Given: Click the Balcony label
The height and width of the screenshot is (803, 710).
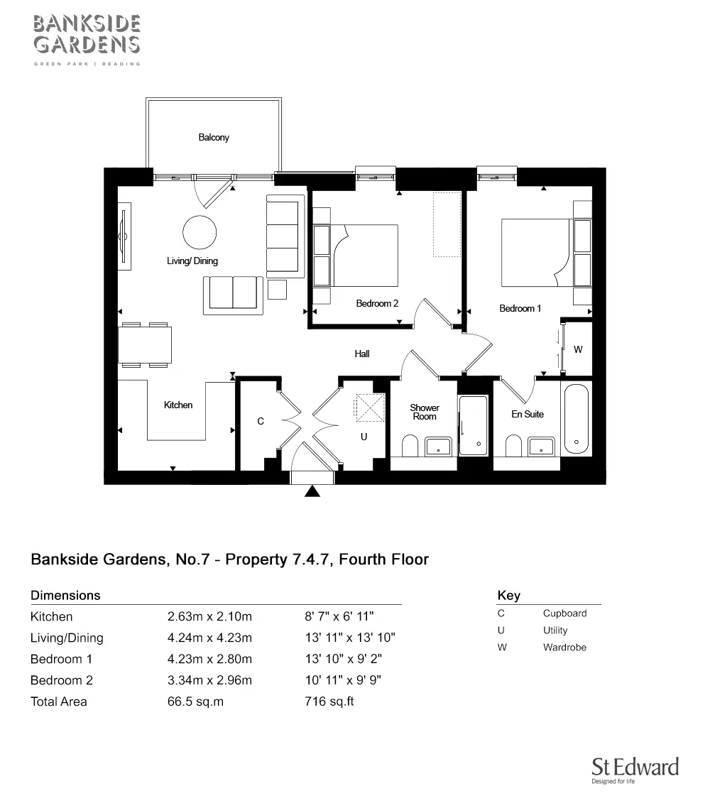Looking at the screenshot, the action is tap(214, 137).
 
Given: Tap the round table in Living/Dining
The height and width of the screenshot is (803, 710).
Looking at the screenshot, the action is tap(200, 232).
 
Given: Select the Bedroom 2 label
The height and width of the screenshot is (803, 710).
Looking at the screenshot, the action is tap(377, 304).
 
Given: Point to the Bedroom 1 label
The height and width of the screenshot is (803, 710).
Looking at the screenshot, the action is tap(520, 308).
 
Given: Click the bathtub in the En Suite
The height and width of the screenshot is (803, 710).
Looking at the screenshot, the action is tap(577, 420).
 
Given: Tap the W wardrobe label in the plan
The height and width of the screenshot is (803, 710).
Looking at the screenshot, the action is tap(578, 350).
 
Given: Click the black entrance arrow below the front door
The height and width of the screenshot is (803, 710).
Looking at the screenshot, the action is tap(312, 491).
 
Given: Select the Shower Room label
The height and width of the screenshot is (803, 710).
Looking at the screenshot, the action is tap(425, 413).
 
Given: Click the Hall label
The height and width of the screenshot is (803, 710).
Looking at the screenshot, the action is tap(362, 354).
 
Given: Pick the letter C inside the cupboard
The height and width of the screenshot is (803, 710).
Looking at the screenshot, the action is tap(261, 422).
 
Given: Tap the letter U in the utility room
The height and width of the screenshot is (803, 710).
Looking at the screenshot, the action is tap(364, 437).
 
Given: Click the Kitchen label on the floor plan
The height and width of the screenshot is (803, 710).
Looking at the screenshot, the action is tap(178, 405).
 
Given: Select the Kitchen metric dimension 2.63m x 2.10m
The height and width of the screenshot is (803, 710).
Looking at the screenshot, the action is tap(209, 616).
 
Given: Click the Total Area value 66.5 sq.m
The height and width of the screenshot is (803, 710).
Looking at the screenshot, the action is tap(195, 701).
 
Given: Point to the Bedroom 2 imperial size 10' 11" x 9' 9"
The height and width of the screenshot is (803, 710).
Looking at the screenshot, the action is tap(343, 680).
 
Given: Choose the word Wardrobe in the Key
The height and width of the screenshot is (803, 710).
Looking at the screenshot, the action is tap(564, 648).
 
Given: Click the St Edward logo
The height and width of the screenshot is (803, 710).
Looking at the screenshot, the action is tap(635, 770).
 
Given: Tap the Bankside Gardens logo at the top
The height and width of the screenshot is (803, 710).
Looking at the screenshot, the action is tap(87, 40).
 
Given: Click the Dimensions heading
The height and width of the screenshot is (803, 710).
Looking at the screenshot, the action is tap(65, 595).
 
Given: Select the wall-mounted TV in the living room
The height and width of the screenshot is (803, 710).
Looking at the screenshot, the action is tap(124, 236).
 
